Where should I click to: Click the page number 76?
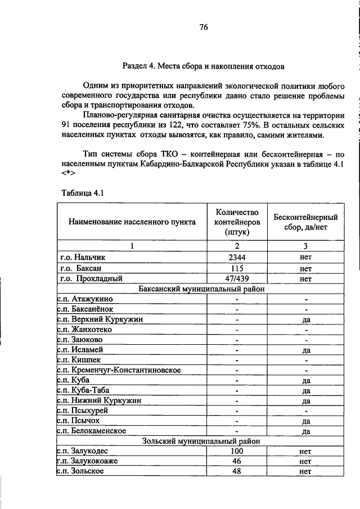204,27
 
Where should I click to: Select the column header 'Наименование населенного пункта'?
132,222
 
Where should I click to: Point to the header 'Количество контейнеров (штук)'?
237,222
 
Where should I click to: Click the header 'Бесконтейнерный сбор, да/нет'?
305,222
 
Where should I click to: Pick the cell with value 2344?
237,257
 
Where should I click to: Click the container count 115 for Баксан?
237,268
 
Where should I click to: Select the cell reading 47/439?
237,278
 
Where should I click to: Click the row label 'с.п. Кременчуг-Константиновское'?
119,370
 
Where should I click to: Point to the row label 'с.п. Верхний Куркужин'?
99,319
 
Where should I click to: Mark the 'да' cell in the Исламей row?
306,349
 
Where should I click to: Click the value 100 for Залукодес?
237,451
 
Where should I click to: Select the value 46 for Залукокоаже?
237,461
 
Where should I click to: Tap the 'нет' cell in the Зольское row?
306,471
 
